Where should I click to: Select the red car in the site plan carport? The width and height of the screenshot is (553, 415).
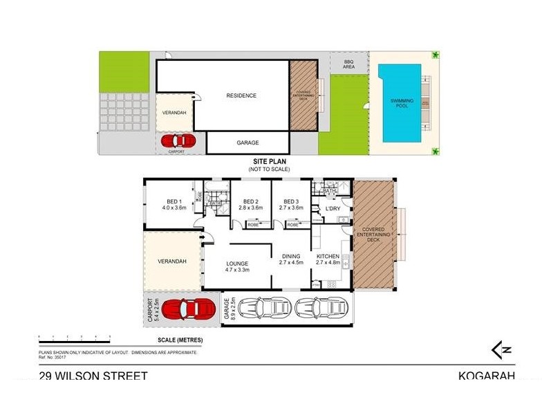click(x=179, y=141)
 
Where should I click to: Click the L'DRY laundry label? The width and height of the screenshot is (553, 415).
click(x=333, y=208)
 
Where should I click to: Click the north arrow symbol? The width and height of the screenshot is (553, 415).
click(x=501, y=349)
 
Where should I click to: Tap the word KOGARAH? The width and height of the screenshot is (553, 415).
click(x=486, y=376)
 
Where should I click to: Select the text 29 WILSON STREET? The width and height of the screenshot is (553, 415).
click(x=93, y=376)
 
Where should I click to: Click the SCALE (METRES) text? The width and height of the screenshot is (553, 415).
click(x=177, y=341)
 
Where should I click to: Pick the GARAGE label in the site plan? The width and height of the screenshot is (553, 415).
click(x=247, y=142)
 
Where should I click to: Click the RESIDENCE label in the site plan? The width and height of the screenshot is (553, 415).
click(x=242, y=95)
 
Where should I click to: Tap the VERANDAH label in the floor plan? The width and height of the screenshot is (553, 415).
click(x=173, y=261)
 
